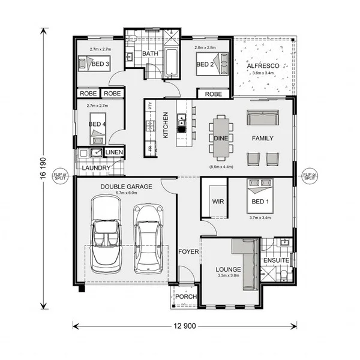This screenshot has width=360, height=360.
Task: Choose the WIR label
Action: pos(218,202)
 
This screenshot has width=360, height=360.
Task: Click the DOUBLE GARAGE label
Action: pos(127,187)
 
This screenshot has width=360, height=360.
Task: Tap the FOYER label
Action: pos(188,251)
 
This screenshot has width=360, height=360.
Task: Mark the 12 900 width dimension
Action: pos(185,326)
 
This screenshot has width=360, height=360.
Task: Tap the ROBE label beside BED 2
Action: pos(214,94)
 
